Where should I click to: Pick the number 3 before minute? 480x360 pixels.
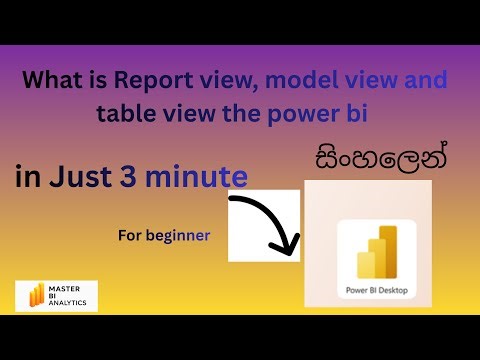pyautogui.click(x=128, y=176)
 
